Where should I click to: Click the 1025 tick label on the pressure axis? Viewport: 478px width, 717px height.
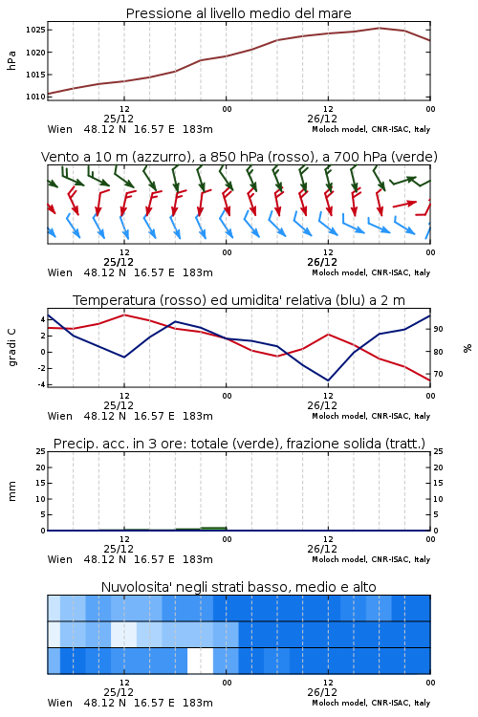pos(35,31)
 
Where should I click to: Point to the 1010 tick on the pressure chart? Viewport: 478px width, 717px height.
pos(35,97)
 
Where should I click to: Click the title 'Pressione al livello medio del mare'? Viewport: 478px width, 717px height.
pos(239,13)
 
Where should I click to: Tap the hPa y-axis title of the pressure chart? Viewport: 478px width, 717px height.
pos(11,60)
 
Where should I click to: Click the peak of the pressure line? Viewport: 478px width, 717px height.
pos(379,28)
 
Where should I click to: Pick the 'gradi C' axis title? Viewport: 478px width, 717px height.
pos(12,347)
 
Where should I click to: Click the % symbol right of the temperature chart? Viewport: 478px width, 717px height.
pos(467,348)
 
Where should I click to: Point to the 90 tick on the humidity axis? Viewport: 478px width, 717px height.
pos(438,329)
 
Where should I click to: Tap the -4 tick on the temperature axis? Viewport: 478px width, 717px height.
pos(41,384)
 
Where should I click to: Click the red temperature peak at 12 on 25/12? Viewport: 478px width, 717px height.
pos(124,315)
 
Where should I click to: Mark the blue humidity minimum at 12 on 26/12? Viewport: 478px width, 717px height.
pos(328,380)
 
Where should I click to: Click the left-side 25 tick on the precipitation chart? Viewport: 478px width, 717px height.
pos(41,451)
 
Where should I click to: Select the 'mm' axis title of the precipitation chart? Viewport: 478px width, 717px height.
pos(12,491)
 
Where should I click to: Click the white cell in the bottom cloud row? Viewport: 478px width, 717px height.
pos(201,661)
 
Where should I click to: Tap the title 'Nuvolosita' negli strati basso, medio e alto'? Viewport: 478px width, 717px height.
pos(239,587)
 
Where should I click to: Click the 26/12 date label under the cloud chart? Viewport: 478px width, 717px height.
pos(322,692)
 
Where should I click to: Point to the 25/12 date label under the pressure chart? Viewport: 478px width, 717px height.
pos(119,119)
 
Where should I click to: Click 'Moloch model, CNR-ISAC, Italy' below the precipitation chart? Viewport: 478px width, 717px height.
pos(371,559)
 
